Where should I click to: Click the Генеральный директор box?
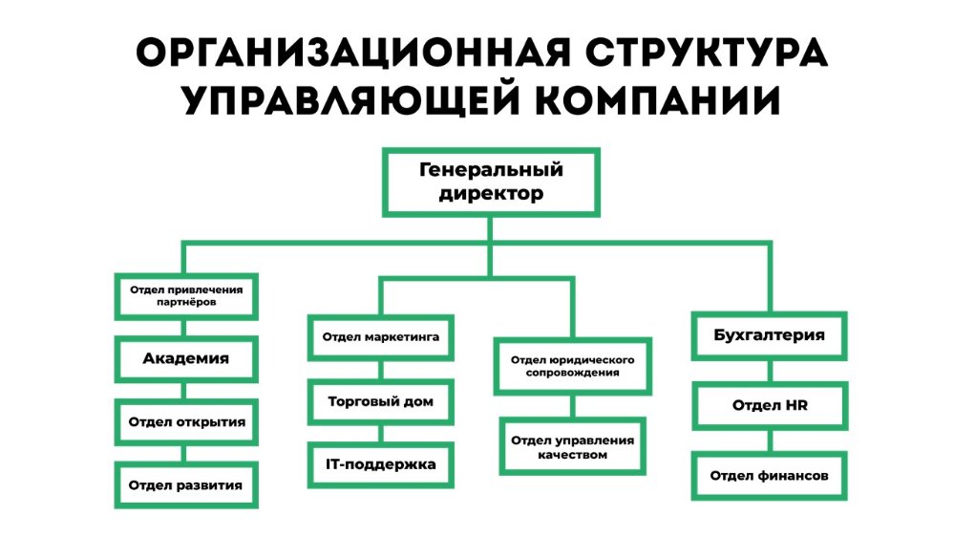pos(491,183)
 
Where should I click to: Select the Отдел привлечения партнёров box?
pos(186,296)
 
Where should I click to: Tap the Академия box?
pos(186,359)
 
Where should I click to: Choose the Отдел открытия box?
pos(186,422)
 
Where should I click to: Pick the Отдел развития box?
pos(186,485)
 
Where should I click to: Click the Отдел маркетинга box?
pos(380,337)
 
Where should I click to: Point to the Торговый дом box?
pos(380,402)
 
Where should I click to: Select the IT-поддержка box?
pos(380,465)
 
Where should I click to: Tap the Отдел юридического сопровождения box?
pos(572,367)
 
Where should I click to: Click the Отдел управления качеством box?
pos(572,446)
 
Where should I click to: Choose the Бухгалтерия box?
pos(769,335)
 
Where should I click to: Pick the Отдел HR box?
pos(769,406)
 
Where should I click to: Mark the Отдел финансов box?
pos(769,476)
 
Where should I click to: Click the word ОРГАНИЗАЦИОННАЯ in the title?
pos(353,53)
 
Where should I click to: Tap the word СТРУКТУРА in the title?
pos(707,53)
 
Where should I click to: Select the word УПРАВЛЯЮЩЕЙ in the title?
pos(351,99)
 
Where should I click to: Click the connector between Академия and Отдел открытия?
pos(183,391)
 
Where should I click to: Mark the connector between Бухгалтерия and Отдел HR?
pos(771,371)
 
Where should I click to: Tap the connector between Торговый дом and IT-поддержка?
pos(381,434)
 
